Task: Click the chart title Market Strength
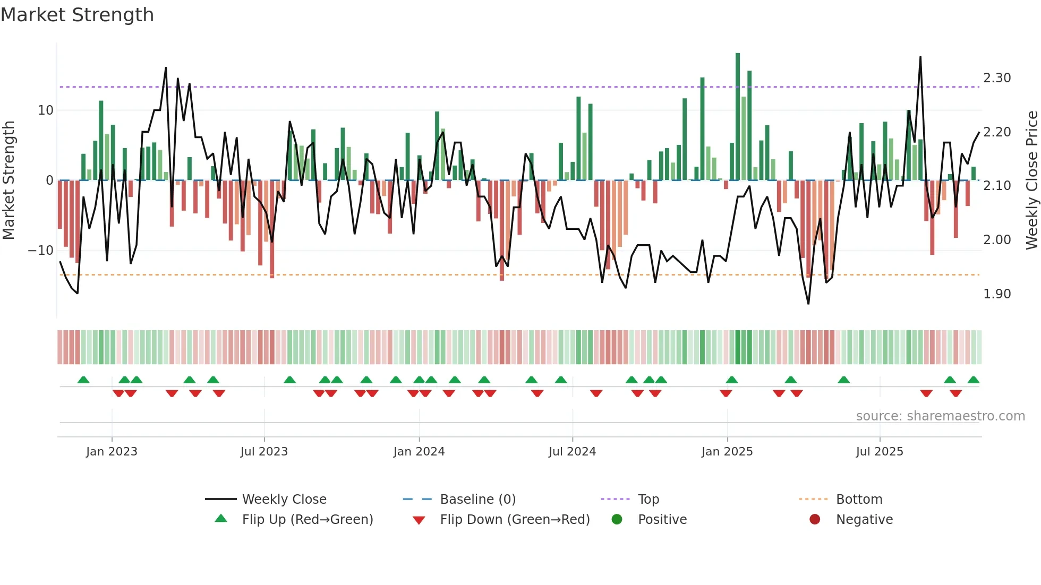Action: pos(77,15)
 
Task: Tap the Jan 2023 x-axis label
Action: pos(112,452)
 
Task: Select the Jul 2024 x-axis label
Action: pos(572,452)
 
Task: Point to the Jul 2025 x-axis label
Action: pos(880,452)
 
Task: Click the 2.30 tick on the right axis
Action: pos(997,78)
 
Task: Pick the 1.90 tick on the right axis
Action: pos(997,294)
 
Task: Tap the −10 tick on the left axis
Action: pos(41,251)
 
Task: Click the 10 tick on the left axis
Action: pos(46,110)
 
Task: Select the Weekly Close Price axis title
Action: pos(1031,180)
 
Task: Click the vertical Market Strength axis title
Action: pos(8,180)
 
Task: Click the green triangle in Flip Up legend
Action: pos(221,519)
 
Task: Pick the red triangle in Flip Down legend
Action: pos(419,520)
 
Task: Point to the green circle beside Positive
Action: pos(617,519)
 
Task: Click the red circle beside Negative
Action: pos(815,519)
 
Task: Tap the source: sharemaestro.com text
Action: pos(940,416)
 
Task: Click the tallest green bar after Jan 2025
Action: pos(738,117)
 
